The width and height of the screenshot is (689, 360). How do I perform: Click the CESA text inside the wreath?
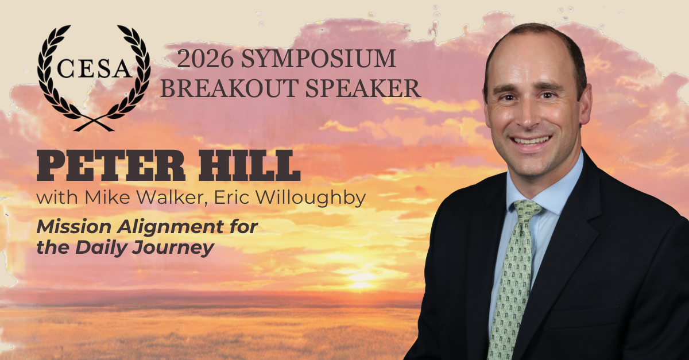pyautogui.click(x=94, y=68)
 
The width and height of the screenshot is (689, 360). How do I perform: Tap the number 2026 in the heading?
pyautogui.click(x=205, y=59)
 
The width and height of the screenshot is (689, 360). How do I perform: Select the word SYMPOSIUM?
pyautogui.click(x=318, y=59)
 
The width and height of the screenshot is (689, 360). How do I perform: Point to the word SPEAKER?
pyautogui.click(x=363, y=88)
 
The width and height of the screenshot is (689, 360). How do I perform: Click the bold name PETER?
pyautogui.click(x=111, y=165)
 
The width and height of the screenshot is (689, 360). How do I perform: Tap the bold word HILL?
pyautogui.click(x=249, y=165)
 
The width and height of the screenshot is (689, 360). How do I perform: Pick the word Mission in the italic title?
pyautogui.click(x=74, y=226)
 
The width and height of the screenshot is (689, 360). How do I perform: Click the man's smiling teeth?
pyautogui.click(x=531, y=141)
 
